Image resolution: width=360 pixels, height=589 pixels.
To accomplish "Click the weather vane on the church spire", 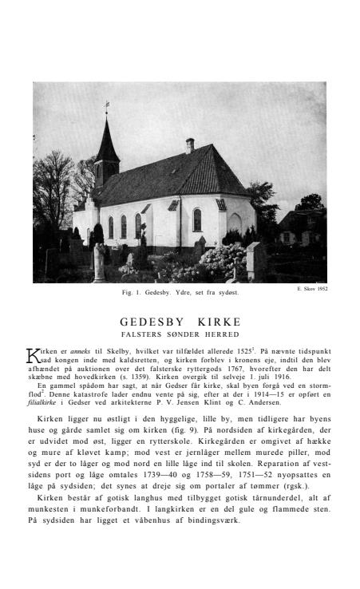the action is (106, 105).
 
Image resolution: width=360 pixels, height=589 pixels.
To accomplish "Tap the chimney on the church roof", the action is (190, 144).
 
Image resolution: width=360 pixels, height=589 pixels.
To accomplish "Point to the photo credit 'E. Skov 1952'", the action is (312, 289).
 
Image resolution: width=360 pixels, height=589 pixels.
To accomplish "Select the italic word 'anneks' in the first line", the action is (79, 351).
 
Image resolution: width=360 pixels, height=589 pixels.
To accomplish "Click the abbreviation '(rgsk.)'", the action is (294, 485).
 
